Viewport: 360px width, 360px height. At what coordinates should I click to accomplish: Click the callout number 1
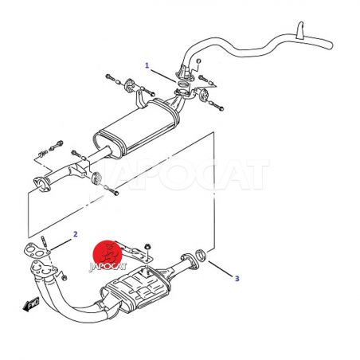tap(147, 65)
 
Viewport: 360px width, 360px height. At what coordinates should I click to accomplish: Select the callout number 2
tap(76, 234)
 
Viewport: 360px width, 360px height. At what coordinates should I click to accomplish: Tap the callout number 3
tap(237, 279)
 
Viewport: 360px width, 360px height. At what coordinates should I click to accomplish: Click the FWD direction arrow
tap(31, 304)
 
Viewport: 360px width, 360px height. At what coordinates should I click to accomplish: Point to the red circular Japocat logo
tap(108, 255)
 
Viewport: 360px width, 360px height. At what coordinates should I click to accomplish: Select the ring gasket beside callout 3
tap(202, 255)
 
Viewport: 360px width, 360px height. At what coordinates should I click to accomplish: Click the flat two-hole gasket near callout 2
tap(36, 251)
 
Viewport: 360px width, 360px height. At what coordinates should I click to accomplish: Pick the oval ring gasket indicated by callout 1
tap(182, 84)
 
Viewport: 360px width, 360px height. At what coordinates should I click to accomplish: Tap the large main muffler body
tap(136, 127)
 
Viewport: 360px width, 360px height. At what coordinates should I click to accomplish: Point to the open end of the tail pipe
tap(331, 45)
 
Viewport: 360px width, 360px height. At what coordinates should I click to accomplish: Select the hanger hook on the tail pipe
tap(300, 30)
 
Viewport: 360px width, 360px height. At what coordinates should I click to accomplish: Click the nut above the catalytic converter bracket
tap(147, 247)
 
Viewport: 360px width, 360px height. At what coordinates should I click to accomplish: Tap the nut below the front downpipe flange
tap(65, 278)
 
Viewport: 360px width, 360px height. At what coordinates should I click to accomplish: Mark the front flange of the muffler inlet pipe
tap(42, 184)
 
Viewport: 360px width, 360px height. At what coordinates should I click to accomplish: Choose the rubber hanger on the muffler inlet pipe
tap(96, 178)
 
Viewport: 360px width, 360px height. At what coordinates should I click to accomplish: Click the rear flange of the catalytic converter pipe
tap(190, 262)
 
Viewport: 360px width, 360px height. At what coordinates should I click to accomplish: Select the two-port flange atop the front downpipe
tap(44, 269)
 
